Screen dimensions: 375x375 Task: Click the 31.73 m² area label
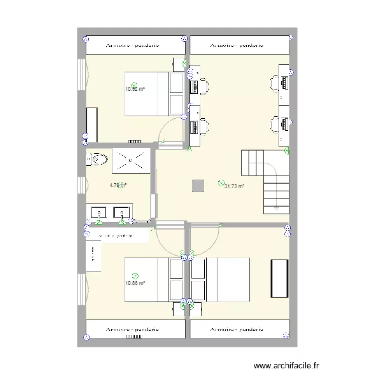click(235, 186)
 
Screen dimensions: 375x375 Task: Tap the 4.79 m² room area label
click(118, 185)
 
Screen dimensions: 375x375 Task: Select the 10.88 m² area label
click(135, 283)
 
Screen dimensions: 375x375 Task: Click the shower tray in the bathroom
click(131, 160)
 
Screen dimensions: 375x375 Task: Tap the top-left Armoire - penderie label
click(132, 46)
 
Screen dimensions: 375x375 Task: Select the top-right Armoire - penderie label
click(237, 46)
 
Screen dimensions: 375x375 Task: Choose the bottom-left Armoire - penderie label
click(132, 330)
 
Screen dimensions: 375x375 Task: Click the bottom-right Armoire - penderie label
click(237, 330)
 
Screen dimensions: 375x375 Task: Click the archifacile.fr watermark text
click(286, 366)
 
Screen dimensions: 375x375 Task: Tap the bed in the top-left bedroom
click(148, 94)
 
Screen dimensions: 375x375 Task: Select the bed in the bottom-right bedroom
click(221, 280)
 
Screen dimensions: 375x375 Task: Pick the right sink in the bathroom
click(122, 212)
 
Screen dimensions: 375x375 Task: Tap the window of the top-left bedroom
click(80, 75)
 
